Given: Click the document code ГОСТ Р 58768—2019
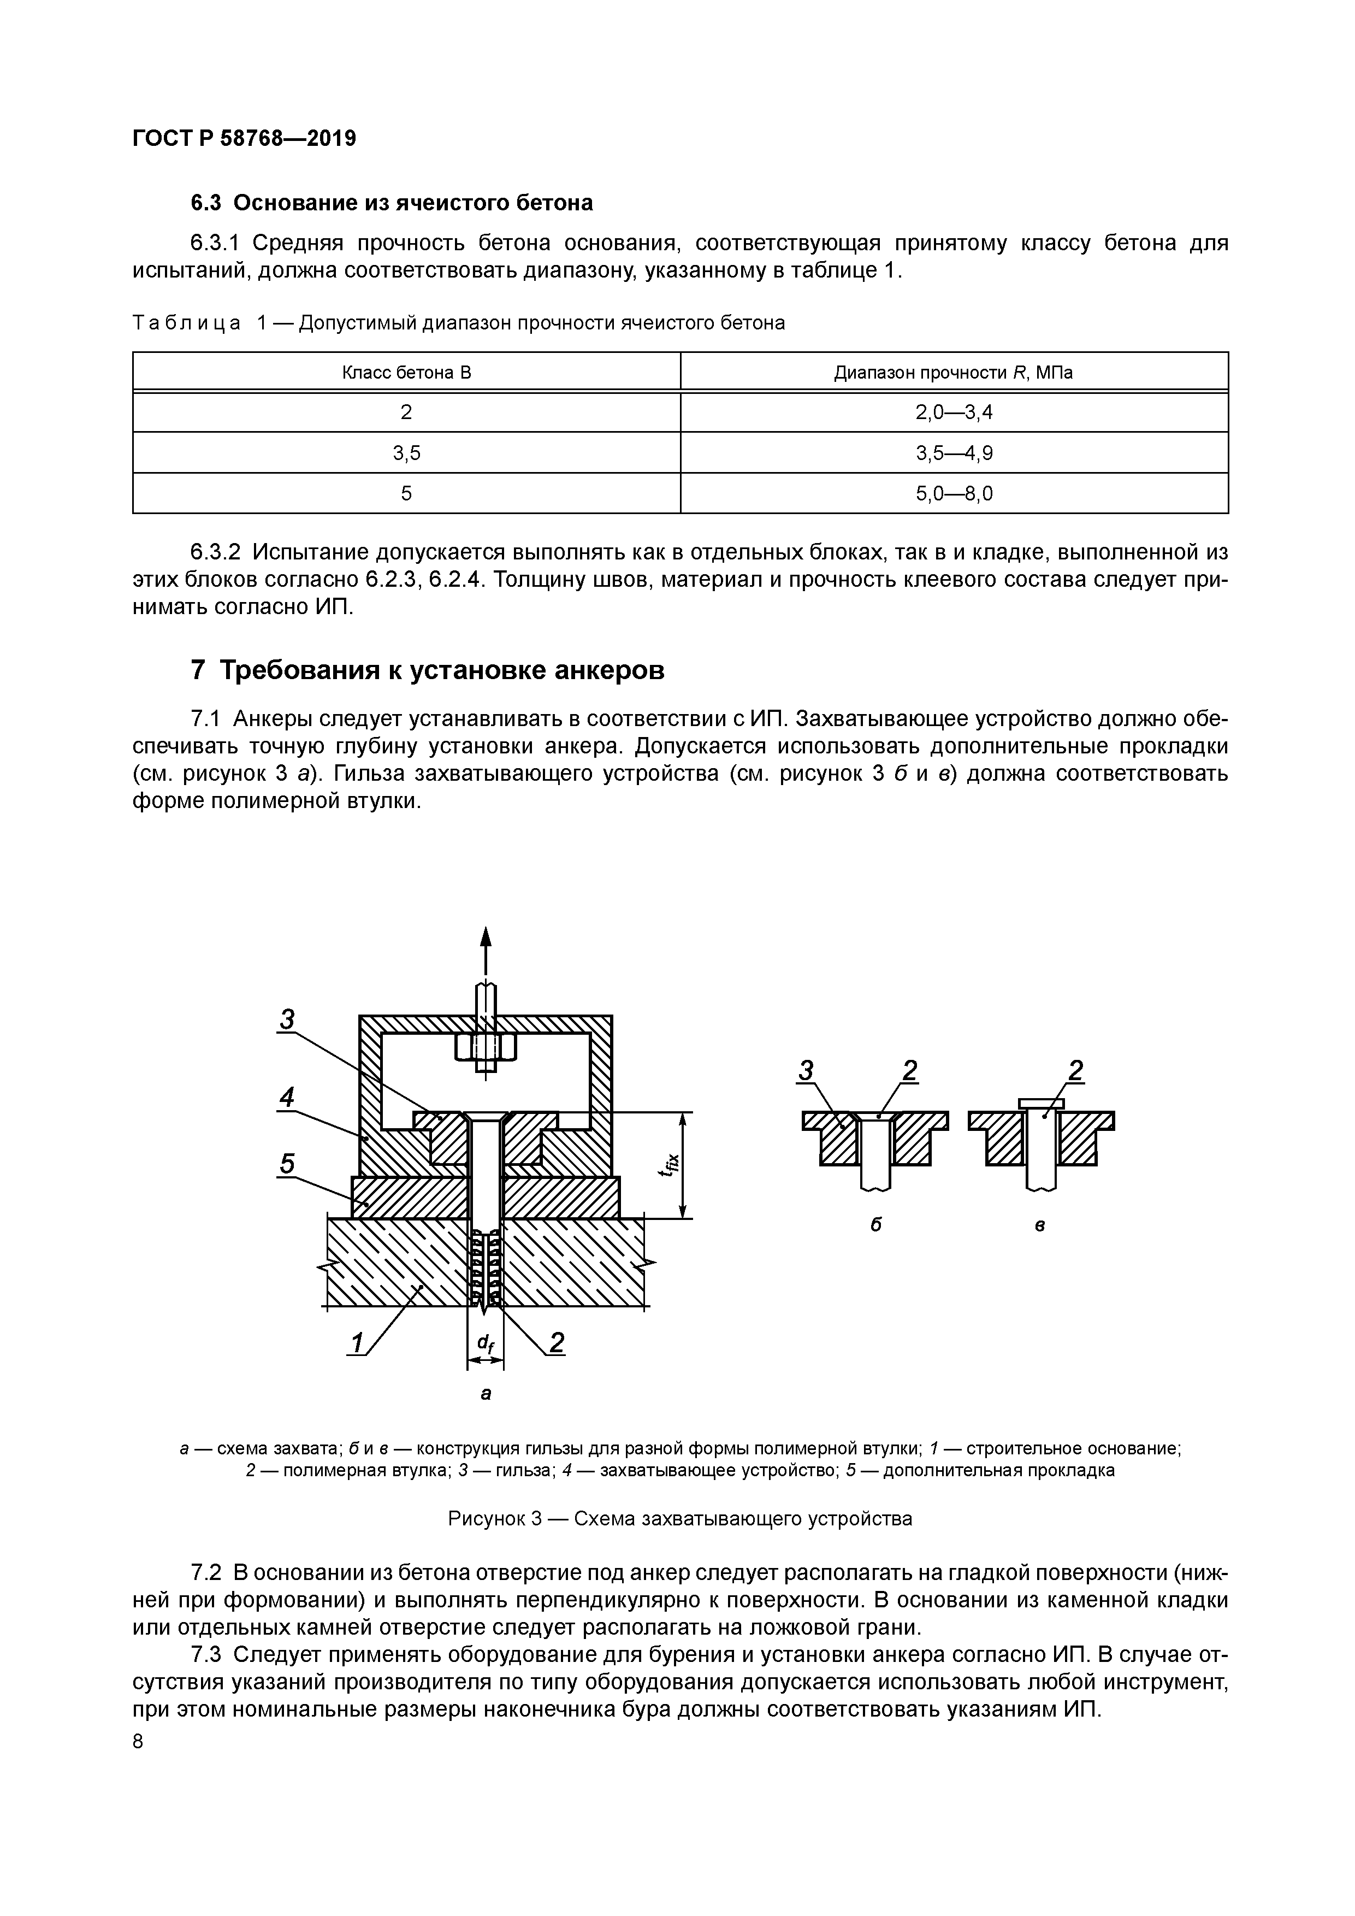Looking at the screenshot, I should point(244,139).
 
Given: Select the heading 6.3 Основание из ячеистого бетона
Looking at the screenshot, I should point(391,203).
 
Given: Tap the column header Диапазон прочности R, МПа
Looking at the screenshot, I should point(954,372).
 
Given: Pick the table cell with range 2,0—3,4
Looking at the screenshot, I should point(954,412).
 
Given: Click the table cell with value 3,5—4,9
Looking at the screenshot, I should point(954,453).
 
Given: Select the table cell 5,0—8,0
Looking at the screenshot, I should point(954,494).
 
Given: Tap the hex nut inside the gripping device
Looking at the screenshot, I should point(486,1047).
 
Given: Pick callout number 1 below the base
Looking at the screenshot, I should point(357,1343).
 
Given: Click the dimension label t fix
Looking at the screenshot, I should point(668,1163).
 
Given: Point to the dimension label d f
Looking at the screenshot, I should point(485,1342).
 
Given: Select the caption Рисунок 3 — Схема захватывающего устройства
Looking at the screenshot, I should point(679,1518).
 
